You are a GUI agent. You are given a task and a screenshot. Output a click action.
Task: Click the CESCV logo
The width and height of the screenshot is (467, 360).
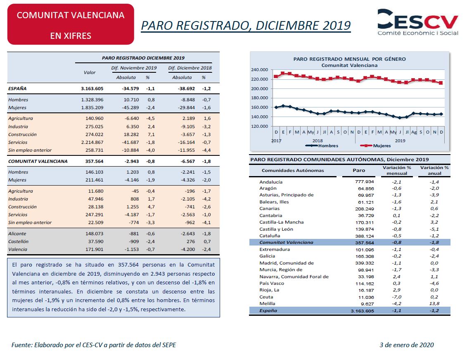[x=417, y=22]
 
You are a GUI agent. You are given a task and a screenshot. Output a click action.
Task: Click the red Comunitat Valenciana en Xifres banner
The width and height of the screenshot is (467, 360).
[x=71, y=24]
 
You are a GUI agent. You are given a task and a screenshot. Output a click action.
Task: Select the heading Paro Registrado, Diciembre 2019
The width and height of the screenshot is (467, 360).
[x=246, y=26]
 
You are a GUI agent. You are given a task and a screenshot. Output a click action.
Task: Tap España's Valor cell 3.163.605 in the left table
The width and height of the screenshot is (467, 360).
[x=92, y=88]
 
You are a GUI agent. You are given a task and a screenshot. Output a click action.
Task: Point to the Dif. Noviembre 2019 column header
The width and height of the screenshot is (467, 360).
[x=134, y=68]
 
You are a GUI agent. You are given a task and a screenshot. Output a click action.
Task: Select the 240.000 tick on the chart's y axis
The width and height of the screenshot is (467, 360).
[x=259, y=70]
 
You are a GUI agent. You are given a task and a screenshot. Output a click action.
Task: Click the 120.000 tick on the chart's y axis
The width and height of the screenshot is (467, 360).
[x=259, y=126]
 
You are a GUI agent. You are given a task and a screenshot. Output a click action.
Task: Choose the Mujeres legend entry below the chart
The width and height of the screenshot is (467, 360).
[x=375, y=146]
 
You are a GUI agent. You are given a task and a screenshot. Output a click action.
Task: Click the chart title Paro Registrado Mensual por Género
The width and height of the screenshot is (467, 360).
[x=349, y=59]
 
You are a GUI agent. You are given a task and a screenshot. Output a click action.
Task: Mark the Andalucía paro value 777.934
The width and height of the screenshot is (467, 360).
[x=364, y=182]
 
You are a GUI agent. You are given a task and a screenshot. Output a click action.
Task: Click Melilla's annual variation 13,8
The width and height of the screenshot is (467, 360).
[x=434, y=304]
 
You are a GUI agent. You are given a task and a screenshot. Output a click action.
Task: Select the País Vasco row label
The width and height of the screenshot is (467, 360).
[x=272, y=283]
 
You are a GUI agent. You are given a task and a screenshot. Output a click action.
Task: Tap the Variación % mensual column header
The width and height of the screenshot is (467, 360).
[x=397, y=170]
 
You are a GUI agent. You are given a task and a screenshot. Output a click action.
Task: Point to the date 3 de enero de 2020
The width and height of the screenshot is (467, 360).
[x=407, y=345]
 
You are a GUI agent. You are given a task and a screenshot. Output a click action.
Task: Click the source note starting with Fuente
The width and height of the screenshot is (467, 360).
[x=93, y=345]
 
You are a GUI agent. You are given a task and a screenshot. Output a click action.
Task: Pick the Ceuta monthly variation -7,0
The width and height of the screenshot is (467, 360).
[x=396, y=297]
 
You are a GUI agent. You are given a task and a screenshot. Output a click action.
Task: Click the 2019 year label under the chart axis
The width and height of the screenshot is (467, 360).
[x=400, y=141]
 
